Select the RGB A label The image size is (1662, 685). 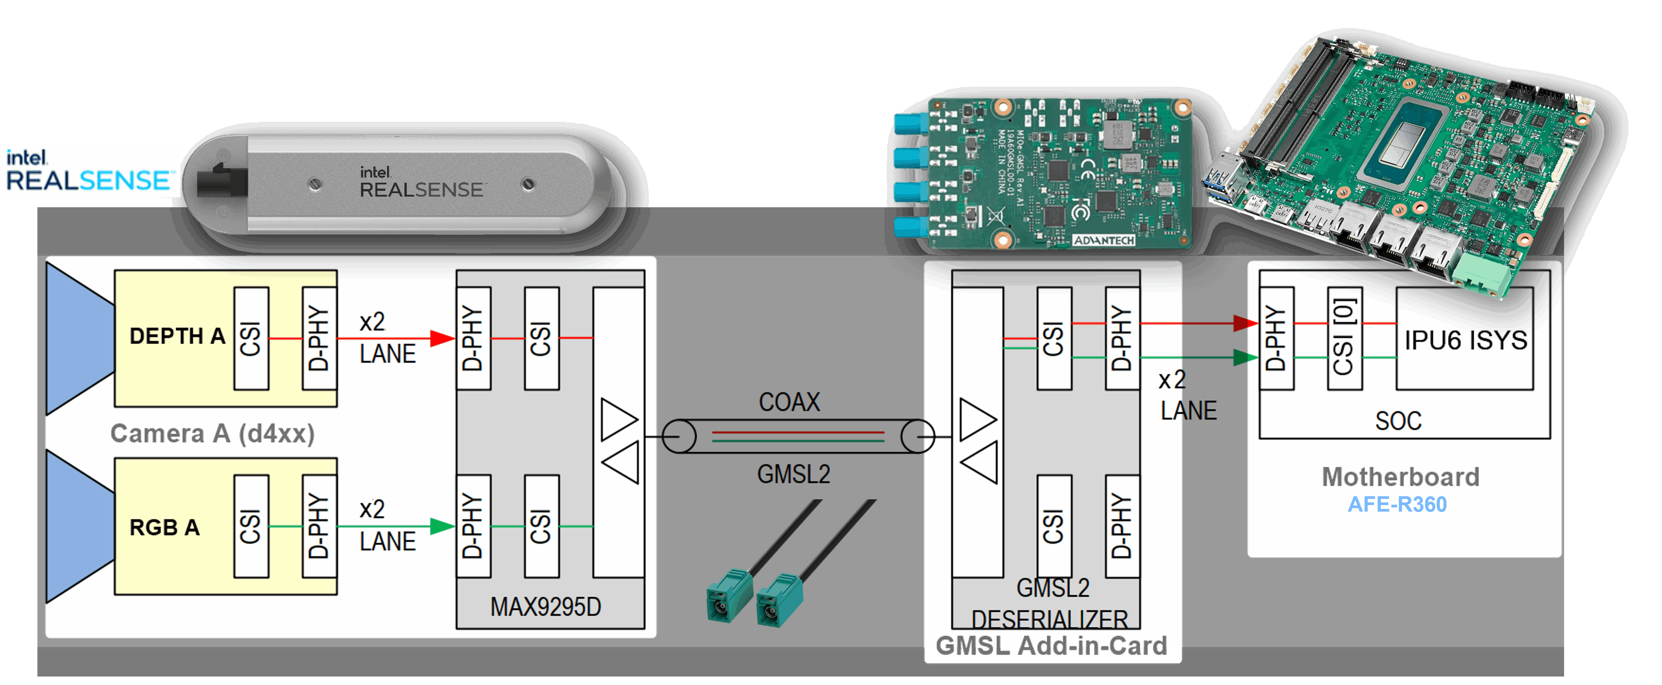[x=165, y=527]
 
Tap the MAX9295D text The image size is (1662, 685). [x=545, y=607]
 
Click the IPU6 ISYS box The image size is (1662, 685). [x=1465, y=339]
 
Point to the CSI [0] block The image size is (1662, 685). [x=1345, y=338]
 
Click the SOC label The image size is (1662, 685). [x=1398, y=421]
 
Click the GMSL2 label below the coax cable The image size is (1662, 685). [x=793, y=475]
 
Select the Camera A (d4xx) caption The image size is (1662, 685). [x=212, y=433]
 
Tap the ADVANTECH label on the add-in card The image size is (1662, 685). [x=1103, y=240]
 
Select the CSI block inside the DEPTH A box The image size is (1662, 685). [x=251, y=338]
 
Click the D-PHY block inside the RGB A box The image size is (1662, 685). [x=319, y=526]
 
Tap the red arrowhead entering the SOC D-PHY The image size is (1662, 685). [x=1244, y=323]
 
